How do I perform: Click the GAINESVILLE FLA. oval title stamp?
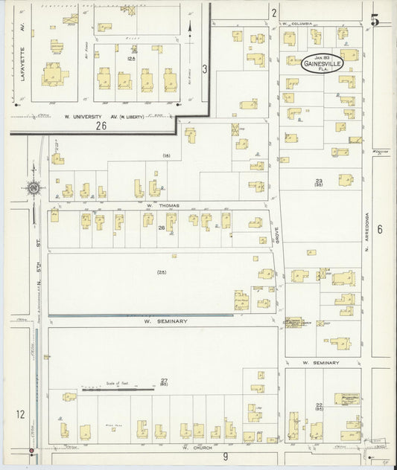coord(323,63)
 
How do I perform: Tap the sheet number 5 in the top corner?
coord(376,20)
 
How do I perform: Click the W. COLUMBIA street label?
coord(296,24)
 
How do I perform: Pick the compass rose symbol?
coord(34,188)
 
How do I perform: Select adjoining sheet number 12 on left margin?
coord(20,413)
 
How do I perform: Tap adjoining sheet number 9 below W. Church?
coord(224,456)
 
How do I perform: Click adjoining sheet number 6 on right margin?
coord(379,229)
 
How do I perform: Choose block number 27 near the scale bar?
coord(164,381)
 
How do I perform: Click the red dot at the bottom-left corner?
coord(31,450)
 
